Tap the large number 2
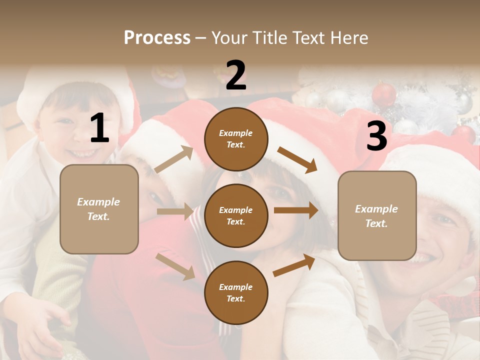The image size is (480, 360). pyautogui.click(x=236, y=75)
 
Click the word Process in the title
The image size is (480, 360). pyautogui.click(x=157, y=37)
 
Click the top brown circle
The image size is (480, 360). pyautogui.click(x=236, y=139)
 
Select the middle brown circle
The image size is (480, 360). pyautogui.click(x=236, y=215)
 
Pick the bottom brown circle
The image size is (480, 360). pyautogui.click(x=236, y=292)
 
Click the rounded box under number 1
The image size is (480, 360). pyautogui.click(x=99, y=209)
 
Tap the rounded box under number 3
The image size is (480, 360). pyautogui.click(x=377, y=215)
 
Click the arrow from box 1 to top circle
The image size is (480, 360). pyautogui.click(x=174, y=159)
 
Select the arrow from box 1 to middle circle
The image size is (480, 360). pyautogui.click(x=175, y=211)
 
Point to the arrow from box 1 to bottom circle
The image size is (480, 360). pyautogui.click(x=175, y=266)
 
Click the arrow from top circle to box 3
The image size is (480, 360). pyautogui.click(x=297, y=159)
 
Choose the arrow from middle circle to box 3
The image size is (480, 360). pyautogui.click(x=296, y=210)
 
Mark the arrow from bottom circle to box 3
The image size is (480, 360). pyautogui.click(x=294, y=265)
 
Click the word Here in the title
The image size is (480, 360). pyautogui.click(x=349, y=37)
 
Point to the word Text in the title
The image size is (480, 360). pyautogui.click(x=310, y=37)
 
